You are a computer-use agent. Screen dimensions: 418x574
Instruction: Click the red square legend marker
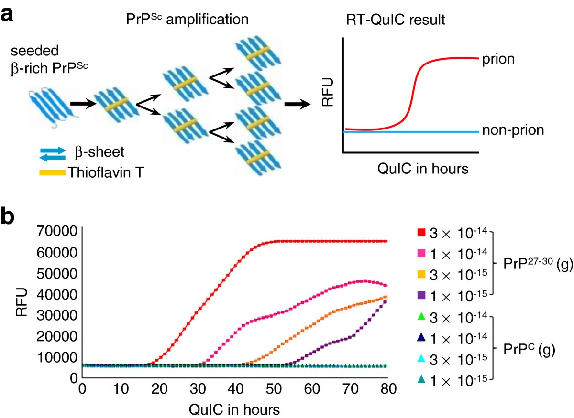(x=421, y=233)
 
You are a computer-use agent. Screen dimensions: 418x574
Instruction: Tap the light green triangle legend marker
(x=421, y=316)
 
